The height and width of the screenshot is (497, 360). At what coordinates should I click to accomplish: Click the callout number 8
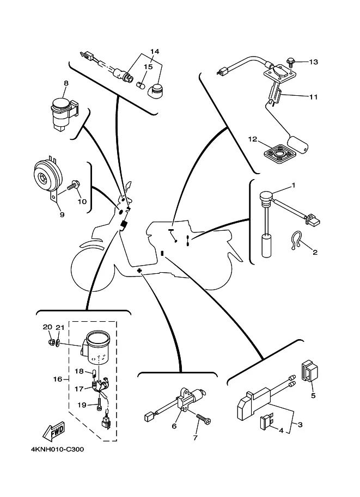[x=66, y=83]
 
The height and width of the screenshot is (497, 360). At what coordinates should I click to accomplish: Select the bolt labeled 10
[x=73, y=187]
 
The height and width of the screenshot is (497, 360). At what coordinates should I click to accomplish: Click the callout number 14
[x=155, y=52]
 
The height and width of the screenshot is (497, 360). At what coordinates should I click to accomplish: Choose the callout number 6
[x=174, y=426]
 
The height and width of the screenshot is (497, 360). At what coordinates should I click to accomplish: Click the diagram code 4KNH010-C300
[x=53, y=450]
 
